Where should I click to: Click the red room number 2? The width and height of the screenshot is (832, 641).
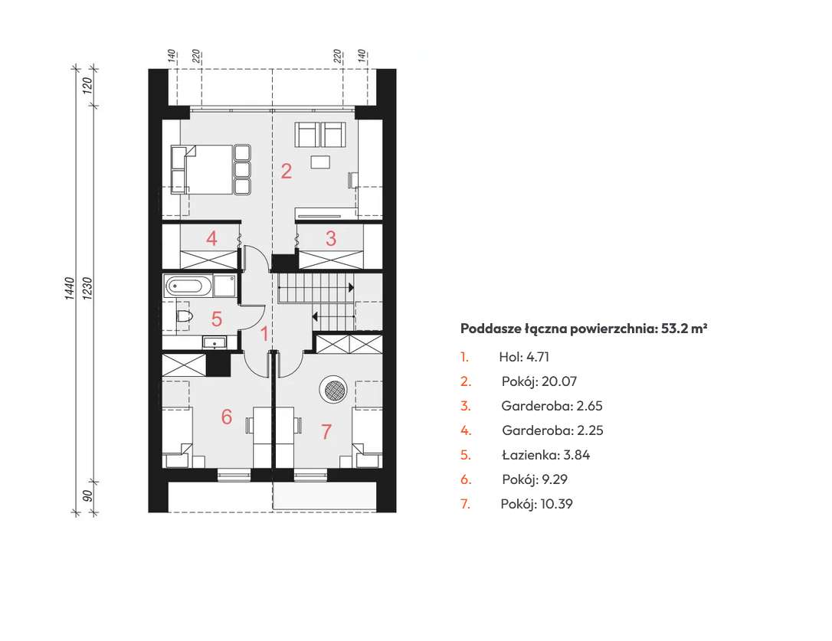coord(287,172)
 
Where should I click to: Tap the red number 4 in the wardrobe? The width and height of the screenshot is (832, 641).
coord(211,238)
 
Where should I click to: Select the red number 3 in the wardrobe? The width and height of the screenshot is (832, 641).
coord(330,238)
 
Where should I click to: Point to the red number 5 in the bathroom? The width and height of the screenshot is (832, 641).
coord(217,319)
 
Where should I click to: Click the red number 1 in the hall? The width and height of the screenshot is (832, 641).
coord(264,335)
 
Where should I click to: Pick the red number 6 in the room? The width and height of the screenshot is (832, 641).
coord(227,417)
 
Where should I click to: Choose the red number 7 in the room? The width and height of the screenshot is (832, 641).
coord(326,431)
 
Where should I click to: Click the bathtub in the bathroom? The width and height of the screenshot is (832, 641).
coord(188,286)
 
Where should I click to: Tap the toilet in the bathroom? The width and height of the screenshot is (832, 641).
coord(184,316)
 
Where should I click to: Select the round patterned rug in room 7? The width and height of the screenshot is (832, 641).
coord(333,390)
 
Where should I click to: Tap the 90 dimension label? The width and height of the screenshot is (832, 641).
coord(88,495)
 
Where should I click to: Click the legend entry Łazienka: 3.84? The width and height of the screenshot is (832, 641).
coord(546,455)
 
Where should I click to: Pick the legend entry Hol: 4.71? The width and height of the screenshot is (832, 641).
coord(524,357)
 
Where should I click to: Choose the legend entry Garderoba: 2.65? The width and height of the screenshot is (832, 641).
coord(552,406)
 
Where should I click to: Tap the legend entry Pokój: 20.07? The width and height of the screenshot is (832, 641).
coord(539,381)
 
